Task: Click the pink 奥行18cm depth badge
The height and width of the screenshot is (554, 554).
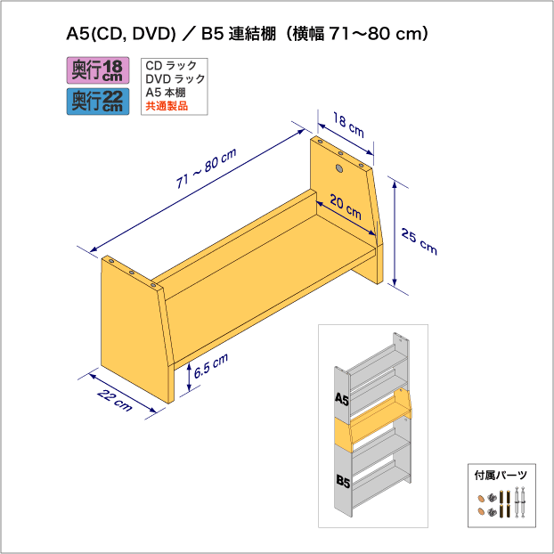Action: [98, 70]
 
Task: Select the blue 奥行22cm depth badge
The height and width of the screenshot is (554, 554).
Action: [98, 102]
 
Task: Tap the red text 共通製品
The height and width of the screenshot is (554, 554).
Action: [167, 106]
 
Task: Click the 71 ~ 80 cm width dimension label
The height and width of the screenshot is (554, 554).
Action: [207, 168]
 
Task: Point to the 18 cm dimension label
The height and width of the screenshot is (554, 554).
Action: [348, 126]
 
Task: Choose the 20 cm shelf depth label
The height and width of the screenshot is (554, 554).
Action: [346, 207]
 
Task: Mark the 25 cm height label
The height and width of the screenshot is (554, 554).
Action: [419, 241]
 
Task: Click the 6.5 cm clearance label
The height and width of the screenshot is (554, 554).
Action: [211, 365]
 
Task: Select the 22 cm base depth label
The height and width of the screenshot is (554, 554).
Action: [115, 400]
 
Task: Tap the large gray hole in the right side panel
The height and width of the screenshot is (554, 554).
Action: [339, 168]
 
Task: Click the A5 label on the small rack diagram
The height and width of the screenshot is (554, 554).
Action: [342, 399]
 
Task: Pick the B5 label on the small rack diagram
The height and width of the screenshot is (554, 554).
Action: [343, 481]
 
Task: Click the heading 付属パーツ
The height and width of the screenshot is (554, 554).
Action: [501, 475]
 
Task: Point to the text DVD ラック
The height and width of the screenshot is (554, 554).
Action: [175, 78]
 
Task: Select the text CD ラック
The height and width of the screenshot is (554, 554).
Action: [171, 65]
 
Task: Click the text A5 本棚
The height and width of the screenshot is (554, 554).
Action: [166, 93]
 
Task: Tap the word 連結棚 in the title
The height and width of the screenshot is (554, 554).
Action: [252, 34]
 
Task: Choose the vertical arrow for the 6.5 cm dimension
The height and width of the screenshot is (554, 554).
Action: [190, 377]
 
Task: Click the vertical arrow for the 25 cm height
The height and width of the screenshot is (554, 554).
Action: [395, 233]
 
